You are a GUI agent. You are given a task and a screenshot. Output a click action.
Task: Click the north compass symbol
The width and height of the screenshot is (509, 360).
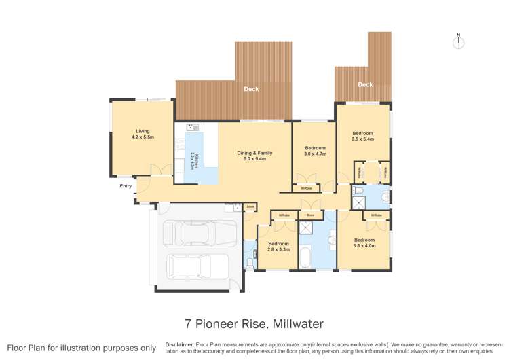pos(459,41)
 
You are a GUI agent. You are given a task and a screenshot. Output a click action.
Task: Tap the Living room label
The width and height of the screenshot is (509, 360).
pos(143,134)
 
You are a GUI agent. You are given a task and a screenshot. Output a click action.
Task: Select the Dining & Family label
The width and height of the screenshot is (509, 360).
pos(251,156)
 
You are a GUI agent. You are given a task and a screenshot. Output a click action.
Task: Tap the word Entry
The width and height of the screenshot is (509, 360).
pos(126,185)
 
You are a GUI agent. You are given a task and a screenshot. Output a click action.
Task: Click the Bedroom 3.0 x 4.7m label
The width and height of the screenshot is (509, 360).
pos(315,151)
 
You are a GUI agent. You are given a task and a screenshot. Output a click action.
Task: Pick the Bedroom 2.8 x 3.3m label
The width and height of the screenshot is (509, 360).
pos(278,246)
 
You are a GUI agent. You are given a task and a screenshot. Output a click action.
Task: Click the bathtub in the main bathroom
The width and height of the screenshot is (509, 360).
pos(305,259)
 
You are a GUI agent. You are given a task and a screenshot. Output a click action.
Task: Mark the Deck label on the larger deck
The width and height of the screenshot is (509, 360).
pos(251,89)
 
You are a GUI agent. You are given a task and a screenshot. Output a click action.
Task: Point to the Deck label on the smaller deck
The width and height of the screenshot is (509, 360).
pos(365,85)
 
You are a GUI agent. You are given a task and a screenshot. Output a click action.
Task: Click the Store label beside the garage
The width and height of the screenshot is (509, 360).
pos(250,206)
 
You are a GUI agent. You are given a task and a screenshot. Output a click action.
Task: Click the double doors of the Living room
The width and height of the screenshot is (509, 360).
pos(159,170)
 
